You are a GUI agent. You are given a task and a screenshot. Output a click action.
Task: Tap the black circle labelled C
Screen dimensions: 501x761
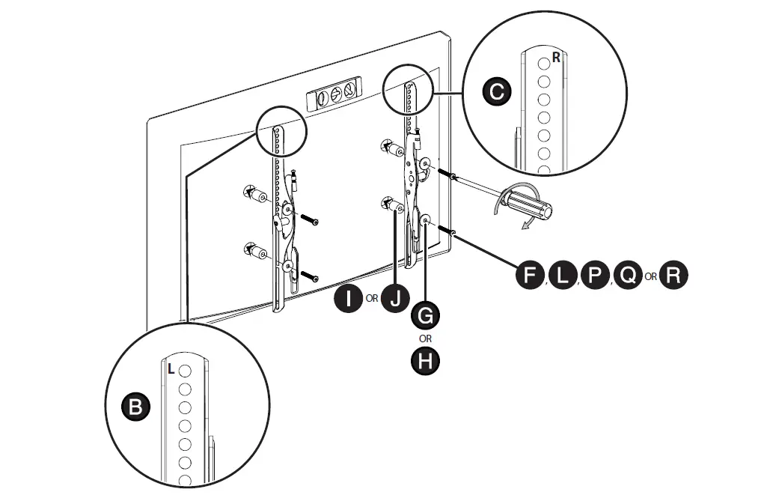[495, 92]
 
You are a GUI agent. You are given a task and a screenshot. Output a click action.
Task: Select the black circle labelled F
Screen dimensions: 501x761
[530, 276]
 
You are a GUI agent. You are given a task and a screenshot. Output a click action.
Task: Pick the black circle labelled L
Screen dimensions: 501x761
[563, 276]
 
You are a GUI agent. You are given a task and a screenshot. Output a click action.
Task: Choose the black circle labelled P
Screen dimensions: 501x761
[596, 276]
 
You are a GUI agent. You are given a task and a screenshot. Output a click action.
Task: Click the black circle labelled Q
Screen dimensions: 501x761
[628, 276]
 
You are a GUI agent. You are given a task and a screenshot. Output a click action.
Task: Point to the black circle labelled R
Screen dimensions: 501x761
[673, 276]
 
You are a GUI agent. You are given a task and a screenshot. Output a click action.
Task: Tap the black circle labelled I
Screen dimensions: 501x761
[348, 299]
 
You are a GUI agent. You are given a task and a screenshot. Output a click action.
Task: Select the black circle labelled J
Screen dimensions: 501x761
[395, 299]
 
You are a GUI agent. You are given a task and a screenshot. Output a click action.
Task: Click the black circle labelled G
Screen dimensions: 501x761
[426, 315]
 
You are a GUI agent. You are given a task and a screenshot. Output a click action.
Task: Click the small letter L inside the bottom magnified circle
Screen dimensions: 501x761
[171, 368]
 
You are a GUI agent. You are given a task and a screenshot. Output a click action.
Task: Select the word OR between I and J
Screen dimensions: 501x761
[372, 300]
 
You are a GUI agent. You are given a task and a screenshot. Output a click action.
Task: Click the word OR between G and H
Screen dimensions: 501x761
[426, 338]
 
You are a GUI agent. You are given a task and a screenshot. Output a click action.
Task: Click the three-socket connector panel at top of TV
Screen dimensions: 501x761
[335, 95]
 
